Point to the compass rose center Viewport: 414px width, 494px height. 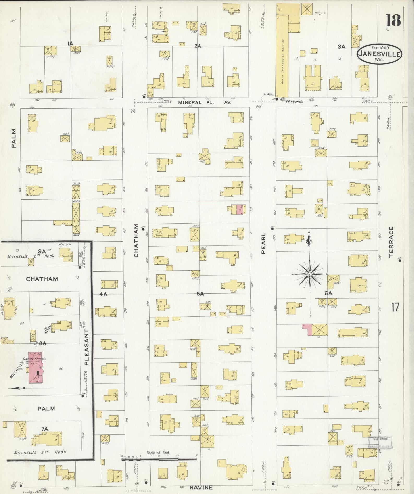point(309,274)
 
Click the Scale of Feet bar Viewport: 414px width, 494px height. point(159,459)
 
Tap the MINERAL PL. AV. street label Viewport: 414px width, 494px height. point(205,103)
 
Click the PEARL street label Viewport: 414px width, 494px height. point(263,243)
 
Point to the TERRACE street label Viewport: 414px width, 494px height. point(391,242)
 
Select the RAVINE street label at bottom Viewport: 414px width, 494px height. point(201,487)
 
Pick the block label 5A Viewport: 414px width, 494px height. point(200,294)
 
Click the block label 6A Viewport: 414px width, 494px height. point(328,293)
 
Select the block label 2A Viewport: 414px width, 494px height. point(198,46)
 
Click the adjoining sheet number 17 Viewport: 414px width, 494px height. point(395,307)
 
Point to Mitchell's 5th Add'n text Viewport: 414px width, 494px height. point(40,452)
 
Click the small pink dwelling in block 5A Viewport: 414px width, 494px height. point(240,209)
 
